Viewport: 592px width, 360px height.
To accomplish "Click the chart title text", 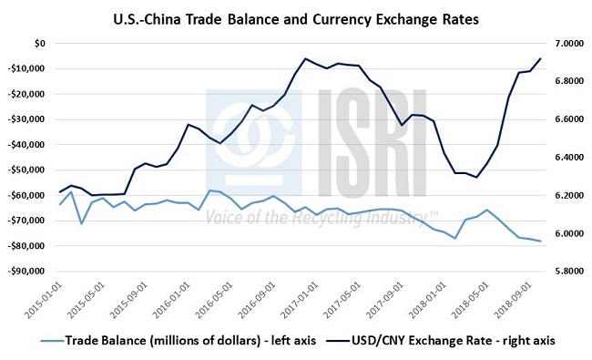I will pos(295,17).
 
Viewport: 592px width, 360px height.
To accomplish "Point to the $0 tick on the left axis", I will pos(39,44).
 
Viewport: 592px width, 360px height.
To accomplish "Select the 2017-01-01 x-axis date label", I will pos(295,303).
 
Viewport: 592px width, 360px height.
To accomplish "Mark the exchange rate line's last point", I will pos(541,58).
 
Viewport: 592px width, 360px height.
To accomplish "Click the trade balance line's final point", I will pos(541,242).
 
